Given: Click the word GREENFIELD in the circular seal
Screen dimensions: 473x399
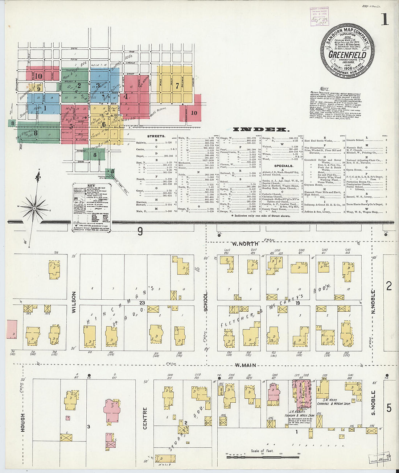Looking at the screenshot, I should (x=347, y=55).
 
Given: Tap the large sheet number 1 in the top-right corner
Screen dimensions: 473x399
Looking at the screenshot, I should (x=384, y=20).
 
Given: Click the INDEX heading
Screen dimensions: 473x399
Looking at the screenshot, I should (x=261, y=129).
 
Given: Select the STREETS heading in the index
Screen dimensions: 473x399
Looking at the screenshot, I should (x=156, y=136).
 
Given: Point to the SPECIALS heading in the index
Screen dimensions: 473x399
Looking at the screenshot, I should (x=284, y=166).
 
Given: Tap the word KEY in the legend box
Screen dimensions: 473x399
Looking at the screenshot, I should (x=91, y=186).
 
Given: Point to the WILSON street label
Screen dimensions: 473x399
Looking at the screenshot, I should (x=74, y=302).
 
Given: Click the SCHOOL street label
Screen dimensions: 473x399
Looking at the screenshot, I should (x=206, y=302).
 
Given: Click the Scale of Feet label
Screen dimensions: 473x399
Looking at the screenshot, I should (x=262, y=451).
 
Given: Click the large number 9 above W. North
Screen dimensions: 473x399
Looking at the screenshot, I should (x=140, y=231).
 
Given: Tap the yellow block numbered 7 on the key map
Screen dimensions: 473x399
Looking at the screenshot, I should (x=177, y=86).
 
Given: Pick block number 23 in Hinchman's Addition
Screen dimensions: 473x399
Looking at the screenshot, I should (x=141, y=303).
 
